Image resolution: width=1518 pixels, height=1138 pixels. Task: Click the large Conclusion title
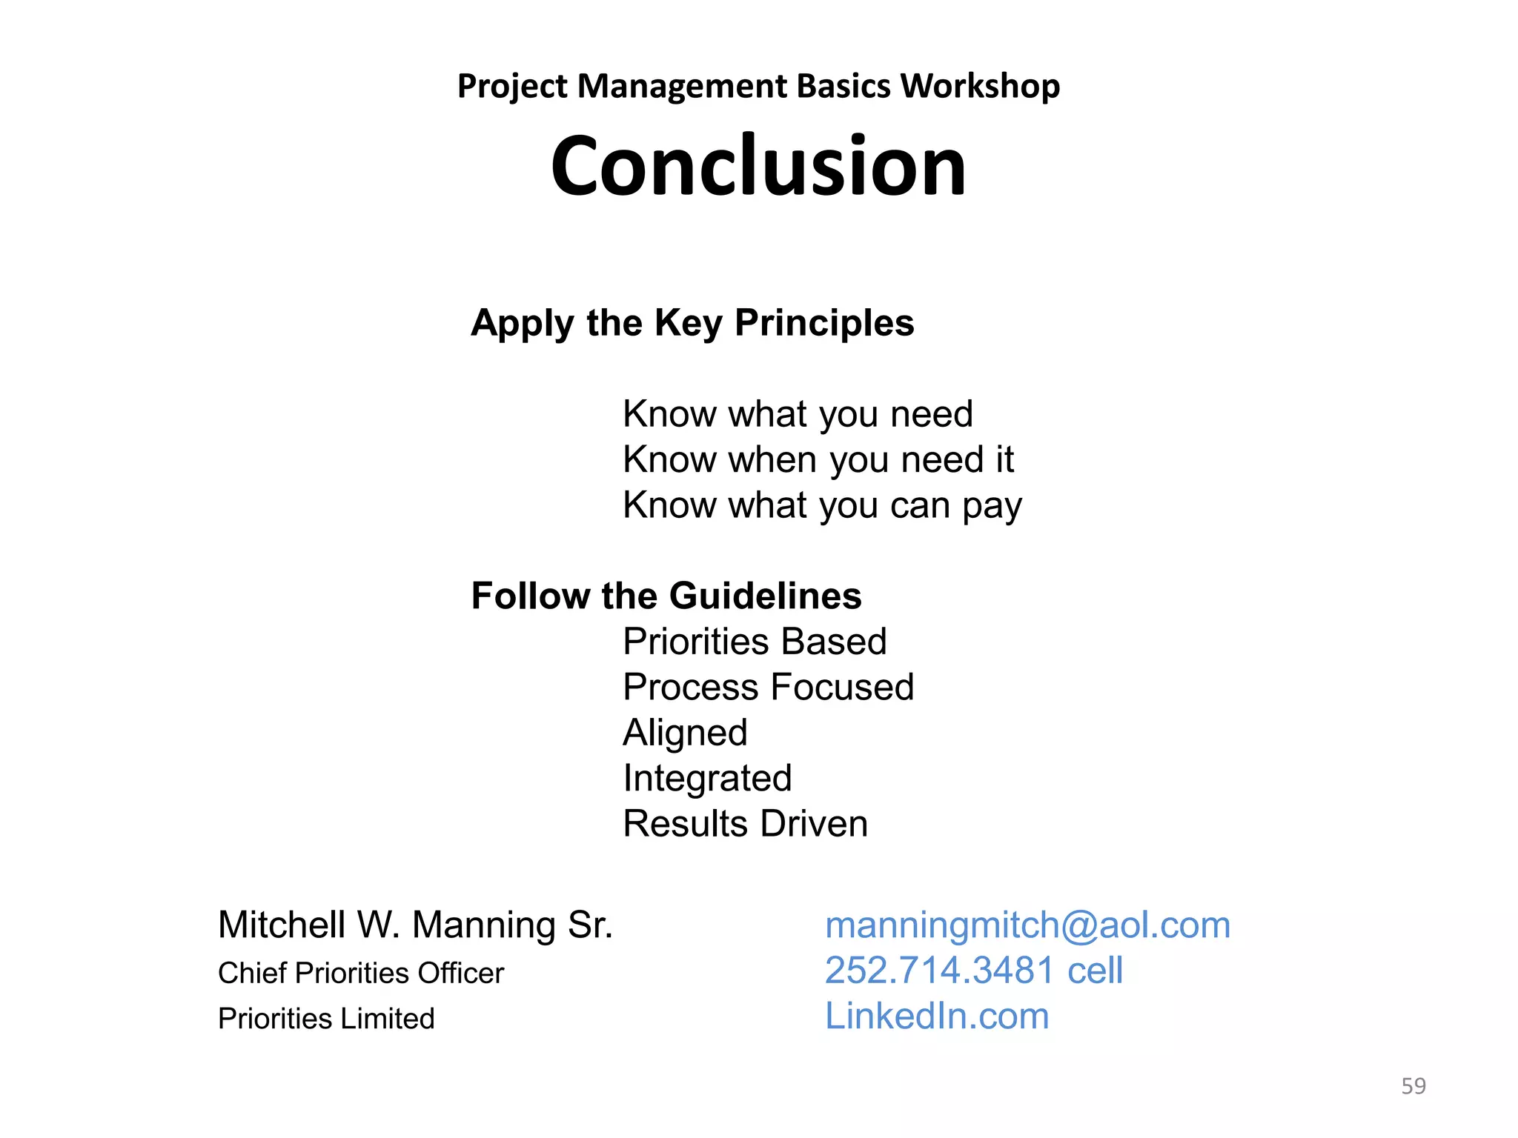click(x=758, y=166)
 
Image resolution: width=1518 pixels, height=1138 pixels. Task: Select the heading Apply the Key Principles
click(x=692, y=323)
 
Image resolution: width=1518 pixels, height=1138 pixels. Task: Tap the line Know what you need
click(x=798, y=413)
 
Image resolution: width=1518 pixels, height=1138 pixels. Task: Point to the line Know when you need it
click(x=818, y=459)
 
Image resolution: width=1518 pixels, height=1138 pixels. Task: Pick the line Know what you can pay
click(x=822, y=505)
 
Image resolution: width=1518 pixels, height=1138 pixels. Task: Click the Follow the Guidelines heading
click(x=666, y=596)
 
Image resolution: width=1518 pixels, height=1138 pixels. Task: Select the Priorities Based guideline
click(x=755, y=642)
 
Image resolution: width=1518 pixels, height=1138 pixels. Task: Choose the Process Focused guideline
click(x=768, y=687)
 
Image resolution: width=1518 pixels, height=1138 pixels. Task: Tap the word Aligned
click(x=685, y=733)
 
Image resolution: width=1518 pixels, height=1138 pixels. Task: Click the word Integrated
click(x=707, y=778)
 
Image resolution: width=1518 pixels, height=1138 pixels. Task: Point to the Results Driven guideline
click(x=745, y=824)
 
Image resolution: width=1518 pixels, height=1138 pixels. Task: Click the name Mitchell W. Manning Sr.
click(x=415, y=925)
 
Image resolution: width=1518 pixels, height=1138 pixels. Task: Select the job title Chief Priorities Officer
click(x=360, y=973)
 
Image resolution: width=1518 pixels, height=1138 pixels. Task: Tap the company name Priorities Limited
click(x=326, y=1019)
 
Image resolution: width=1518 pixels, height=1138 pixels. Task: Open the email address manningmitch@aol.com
click(x=1027, y=925)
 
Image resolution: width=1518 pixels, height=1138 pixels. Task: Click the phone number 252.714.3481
click(x=939, y=971)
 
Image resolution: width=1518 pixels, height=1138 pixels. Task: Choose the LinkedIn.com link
click(x=937, y=1016)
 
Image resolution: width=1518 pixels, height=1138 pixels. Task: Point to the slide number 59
click(x=1413, y=1086)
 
